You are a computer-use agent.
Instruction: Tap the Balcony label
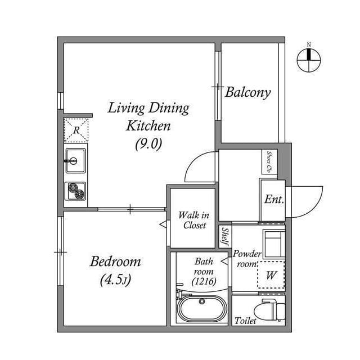(248, 92)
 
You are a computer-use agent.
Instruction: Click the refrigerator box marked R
(75, 130)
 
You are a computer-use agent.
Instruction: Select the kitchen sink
(75, 161)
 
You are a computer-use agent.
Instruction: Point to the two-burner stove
(75, 191)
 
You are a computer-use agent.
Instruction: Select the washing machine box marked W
(271, 276)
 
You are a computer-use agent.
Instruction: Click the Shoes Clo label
(269, 162)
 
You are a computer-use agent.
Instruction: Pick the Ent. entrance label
(274, 199)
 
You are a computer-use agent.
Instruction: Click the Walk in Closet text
(193, 220)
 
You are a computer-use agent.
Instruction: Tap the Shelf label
(224, 236)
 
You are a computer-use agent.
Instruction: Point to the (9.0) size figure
(148, 143)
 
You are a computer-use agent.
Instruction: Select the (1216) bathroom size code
(202, 281)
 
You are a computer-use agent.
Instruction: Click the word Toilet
(246, 321)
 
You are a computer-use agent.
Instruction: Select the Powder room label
(247, 259)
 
